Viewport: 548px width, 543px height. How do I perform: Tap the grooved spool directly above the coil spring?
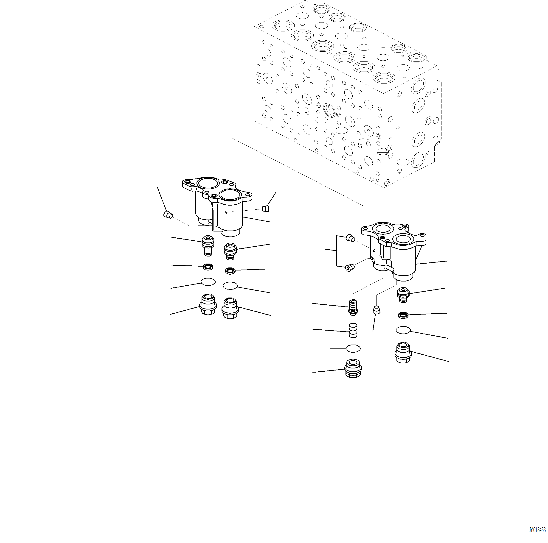(x=353, y=307)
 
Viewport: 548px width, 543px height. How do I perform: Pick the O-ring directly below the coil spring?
(x=353, y=348)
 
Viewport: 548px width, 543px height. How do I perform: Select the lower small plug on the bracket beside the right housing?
(x=349, y=267)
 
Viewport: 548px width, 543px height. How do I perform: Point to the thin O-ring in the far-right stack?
(x=403, y=330)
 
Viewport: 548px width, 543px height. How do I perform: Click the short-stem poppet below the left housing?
(x=230, y=251)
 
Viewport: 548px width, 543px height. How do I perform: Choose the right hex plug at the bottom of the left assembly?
(x=230, y=308)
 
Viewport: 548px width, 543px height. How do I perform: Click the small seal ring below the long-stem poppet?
(x=208, y=266)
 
